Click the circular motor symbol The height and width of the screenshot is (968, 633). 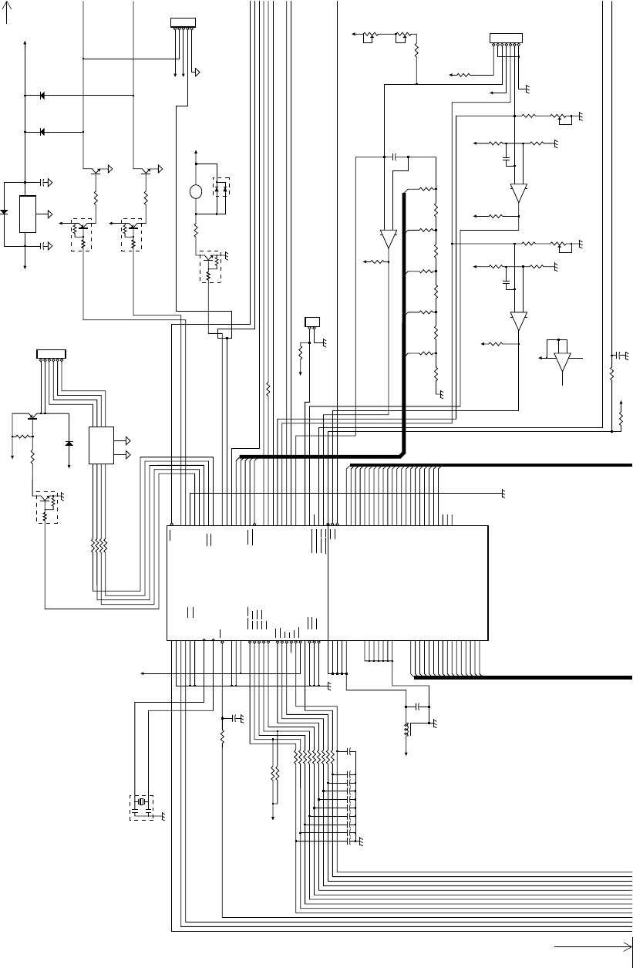coord(196,192)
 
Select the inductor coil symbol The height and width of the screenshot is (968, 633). coord(406,729)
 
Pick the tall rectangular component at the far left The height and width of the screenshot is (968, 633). coord(27,214)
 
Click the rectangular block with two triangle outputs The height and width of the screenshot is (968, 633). coord(101,445)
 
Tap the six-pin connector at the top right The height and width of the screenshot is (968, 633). coord(506,38)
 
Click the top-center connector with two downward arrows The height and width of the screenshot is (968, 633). coord(183,22)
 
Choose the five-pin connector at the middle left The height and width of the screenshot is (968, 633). coord(52,353)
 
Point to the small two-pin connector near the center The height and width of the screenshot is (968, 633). coord(313,321)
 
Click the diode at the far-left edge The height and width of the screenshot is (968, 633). coord(4,211)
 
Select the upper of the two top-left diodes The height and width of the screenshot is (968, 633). coord(42,96)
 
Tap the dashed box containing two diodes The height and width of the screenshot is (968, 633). coord(221,187)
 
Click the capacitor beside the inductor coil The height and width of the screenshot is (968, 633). coord(418,706)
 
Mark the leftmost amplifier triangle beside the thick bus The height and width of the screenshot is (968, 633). coord(388,239)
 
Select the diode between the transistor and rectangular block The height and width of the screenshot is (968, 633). coord(69,444)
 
